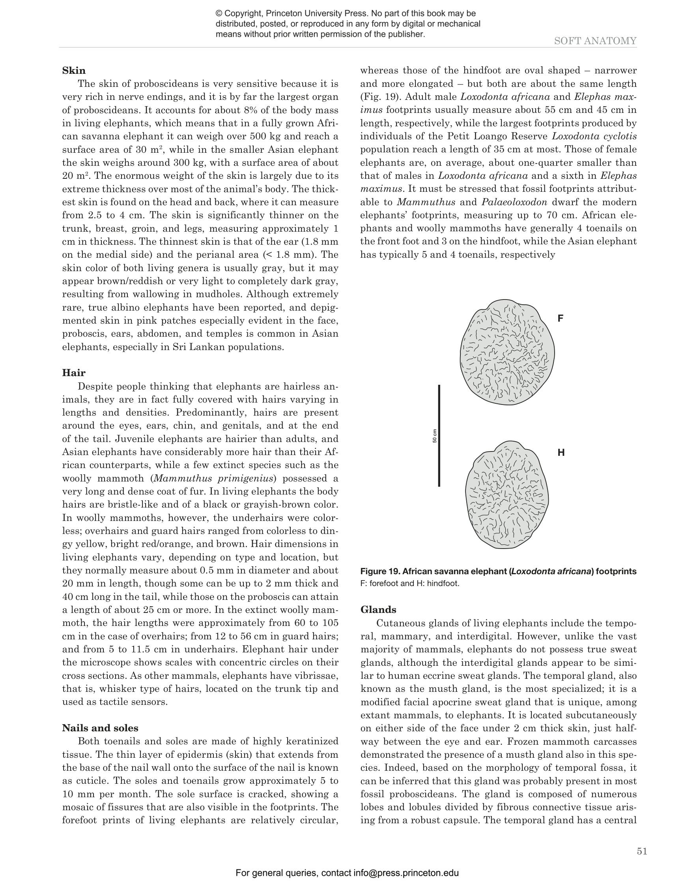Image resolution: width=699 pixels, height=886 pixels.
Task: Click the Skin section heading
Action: click(74, 70)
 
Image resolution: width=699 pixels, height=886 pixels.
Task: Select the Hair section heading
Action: click(74, 373)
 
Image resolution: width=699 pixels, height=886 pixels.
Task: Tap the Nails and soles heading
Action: click(100, 728)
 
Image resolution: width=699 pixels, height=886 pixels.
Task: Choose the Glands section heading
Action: click(378, 610)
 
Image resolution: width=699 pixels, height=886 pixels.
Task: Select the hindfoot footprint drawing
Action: click(506, 495)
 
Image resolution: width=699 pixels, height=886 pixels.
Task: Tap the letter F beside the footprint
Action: click(561, 318)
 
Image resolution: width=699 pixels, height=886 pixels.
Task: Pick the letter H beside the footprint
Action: click(561, 452)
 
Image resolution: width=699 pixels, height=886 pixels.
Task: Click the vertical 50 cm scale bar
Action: click(439, 435)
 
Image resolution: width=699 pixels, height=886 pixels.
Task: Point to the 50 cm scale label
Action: click(434, 436)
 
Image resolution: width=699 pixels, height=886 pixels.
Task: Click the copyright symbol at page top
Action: click(219, 14)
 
